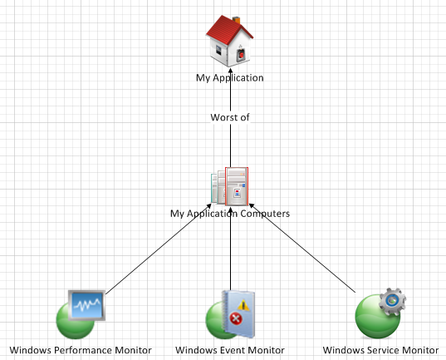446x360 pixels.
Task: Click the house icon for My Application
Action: point(229,41)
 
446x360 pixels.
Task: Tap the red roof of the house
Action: point(228,29)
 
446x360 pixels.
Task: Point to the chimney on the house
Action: point(237,20)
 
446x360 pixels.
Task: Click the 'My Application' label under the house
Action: point(230,78)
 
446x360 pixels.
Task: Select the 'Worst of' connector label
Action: point(230,117)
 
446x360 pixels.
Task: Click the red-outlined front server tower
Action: point(237,186)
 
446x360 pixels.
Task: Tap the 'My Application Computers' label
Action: point(230,214)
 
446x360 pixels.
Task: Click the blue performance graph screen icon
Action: point(86,305)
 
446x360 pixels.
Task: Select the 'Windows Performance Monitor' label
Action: point(81,350)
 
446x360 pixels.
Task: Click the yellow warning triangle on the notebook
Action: point(243,305)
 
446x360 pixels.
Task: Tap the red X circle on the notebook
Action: point(236,318)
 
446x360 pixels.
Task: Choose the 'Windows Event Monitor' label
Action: point(230,350)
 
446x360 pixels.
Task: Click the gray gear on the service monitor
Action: point(393,301)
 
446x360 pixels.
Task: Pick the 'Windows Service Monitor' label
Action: point(380,350)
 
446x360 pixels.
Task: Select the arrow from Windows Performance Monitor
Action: point(159,249)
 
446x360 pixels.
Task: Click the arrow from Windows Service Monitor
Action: point(302,248)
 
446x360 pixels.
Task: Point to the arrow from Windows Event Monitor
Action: point(230,249)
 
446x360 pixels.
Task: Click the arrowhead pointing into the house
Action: point(230,71)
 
